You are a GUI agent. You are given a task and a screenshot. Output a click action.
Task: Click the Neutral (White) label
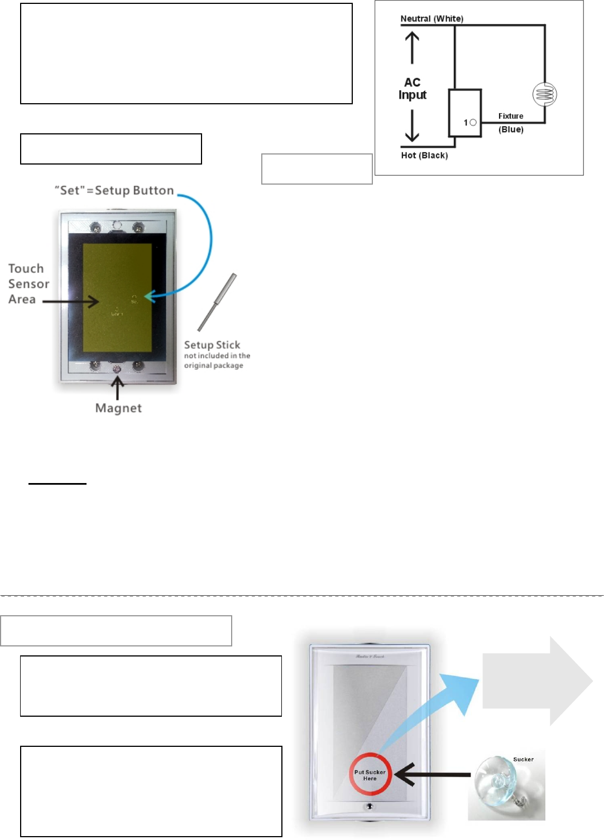click(x=432, y=18)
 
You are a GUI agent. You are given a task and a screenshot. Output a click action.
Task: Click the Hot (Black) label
click(x=424, y=155)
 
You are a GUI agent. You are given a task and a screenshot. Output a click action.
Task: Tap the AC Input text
click(x=412, y=89)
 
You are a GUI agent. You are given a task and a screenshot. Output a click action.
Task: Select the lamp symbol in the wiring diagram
click(x=544, y=94)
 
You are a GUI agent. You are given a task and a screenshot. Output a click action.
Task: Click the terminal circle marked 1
click(x=473, y=122)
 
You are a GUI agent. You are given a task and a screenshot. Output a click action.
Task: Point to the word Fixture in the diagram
click(x=511, y=116)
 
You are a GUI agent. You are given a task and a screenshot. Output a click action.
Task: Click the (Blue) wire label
click(x=511, y=129)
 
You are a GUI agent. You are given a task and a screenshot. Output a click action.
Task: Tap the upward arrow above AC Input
click(x=412, y=47)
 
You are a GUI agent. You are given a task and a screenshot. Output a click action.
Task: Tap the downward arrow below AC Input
click(x=412, y=125)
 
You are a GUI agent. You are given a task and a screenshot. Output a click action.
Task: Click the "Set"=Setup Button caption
click(x=114, y=191)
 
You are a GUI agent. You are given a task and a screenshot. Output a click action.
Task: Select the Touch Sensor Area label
click(x=28, y=284)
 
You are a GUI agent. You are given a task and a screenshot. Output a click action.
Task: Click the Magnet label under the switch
click(x=118, y=408)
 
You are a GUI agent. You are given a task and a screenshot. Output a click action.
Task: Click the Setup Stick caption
click(x=212, y=345)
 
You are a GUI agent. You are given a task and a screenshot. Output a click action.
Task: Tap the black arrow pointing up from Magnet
click(x=117, y=388)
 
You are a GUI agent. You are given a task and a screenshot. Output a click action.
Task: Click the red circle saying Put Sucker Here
click(x=370, y=775)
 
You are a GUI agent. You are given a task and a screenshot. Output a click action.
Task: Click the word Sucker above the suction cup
click(x=523, y=759)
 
